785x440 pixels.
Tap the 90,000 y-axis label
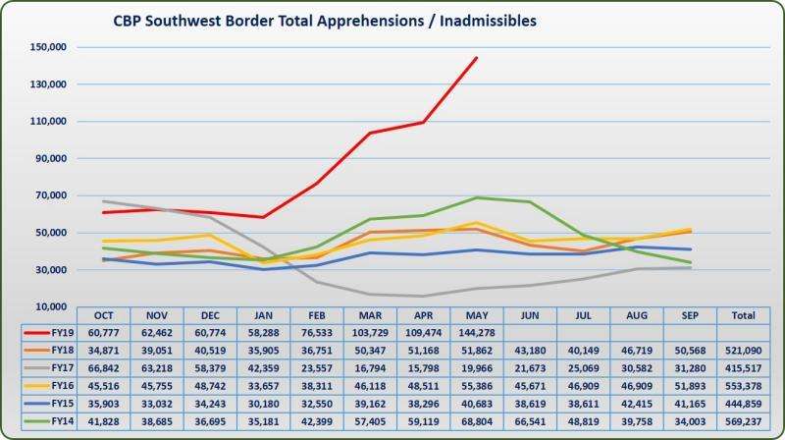[x=50, y=158]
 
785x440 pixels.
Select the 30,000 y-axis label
[x=50, y=270]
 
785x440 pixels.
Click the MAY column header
[x=478, y=315]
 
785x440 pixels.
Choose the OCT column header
[x=104, y=315]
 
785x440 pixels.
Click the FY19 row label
[x=62, y=333]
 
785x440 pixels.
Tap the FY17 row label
[x=62, y=368]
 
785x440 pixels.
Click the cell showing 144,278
[x=478, y=333]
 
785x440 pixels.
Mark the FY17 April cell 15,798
[x=424, y=368]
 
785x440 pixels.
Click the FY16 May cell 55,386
[x=478, y=386]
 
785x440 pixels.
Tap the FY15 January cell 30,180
[x=264, y=404]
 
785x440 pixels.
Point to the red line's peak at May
[x=477, y=57]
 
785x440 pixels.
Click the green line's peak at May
[x=477, y=197]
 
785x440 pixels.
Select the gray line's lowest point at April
[x=424, y=296]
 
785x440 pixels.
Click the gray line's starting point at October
[x=104, y=201]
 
